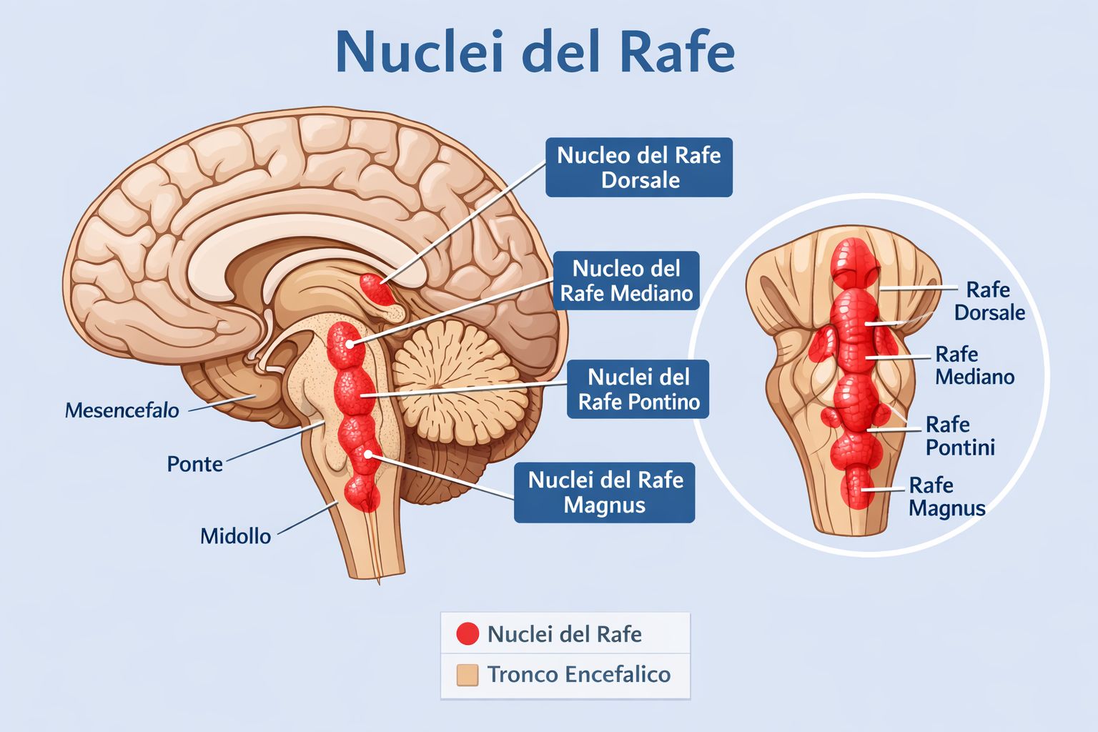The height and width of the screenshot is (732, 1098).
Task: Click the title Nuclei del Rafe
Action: [x=535, y=51]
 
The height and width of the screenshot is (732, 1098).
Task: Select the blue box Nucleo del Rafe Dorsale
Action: [x=638, y=167]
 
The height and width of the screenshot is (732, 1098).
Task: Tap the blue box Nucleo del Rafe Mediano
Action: [x=626, y=281]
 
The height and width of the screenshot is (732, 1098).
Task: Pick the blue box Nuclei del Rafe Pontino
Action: [x=638, y=390]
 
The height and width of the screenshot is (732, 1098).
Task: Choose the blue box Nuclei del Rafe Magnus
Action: [x=605, y=493]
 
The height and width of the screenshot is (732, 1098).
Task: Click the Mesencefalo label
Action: [x=122, y=410]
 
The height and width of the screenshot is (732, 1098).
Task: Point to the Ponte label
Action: [x=194, y=464]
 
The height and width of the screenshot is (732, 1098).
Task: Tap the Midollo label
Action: [x=235, y=536]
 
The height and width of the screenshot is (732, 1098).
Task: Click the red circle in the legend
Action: [x=467, y=633]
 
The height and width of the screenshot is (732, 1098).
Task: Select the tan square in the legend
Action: [x=467, y=675]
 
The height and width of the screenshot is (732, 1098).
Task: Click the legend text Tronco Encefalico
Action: [x=579, y=675]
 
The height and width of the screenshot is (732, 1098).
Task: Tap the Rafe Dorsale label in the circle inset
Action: [x=989, y=301]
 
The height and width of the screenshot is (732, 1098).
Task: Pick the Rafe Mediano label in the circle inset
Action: [x=974, y=365]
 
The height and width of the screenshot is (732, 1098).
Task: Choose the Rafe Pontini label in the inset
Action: [x=960, y=436]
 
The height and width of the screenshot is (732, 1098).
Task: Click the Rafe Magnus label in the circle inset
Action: [x=946, y=497]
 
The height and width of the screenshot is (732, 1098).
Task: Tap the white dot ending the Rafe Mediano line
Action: [x=350, y=344]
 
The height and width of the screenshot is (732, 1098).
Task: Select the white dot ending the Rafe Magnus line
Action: [x=369, y=454]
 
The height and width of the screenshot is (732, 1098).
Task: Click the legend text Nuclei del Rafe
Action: [x=564, y=634]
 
